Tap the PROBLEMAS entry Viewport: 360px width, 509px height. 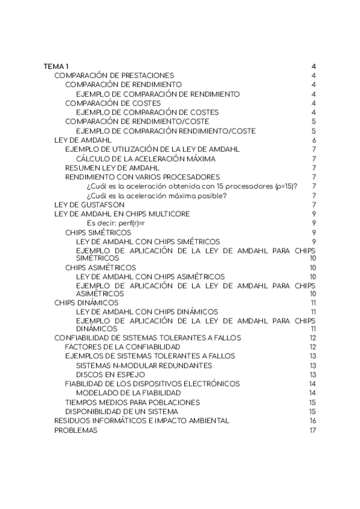(x=76, y=430)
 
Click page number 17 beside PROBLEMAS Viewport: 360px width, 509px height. (x=313, y=430)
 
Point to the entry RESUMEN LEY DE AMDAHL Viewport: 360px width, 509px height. (x=107, y=168)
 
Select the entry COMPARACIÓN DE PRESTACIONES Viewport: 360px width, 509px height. (x=114, y=76)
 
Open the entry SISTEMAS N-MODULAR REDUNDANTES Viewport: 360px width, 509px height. (x=144, y=365)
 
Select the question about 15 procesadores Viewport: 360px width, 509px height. (x=193, y=186)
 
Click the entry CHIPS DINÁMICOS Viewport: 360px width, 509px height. (x=86, y=303)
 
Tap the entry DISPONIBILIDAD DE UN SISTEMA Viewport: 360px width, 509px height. (x=121, y=411)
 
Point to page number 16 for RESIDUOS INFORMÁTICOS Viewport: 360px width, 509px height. (x=313, y=421)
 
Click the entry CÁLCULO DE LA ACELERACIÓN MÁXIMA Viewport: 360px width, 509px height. (x=146, y=158)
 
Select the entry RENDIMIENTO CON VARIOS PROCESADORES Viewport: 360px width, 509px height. (x=142, y=177)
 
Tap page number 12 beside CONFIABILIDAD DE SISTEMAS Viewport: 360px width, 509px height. (x=313, y=338)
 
